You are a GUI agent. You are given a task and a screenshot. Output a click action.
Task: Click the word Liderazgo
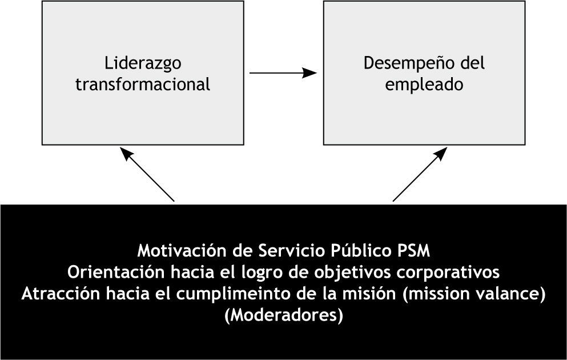pyautogui.click(x=143, y=63)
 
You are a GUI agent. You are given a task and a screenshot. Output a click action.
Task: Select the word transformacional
pyautogui.click(x=143, y=85)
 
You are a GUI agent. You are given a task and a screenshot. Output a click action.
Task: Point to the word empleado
pyautogui.click(x=424, y=85)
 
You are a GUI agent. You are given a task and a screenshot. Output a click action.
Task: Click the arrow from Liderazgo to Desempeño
pyautogui.click(x=283, y=73)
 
